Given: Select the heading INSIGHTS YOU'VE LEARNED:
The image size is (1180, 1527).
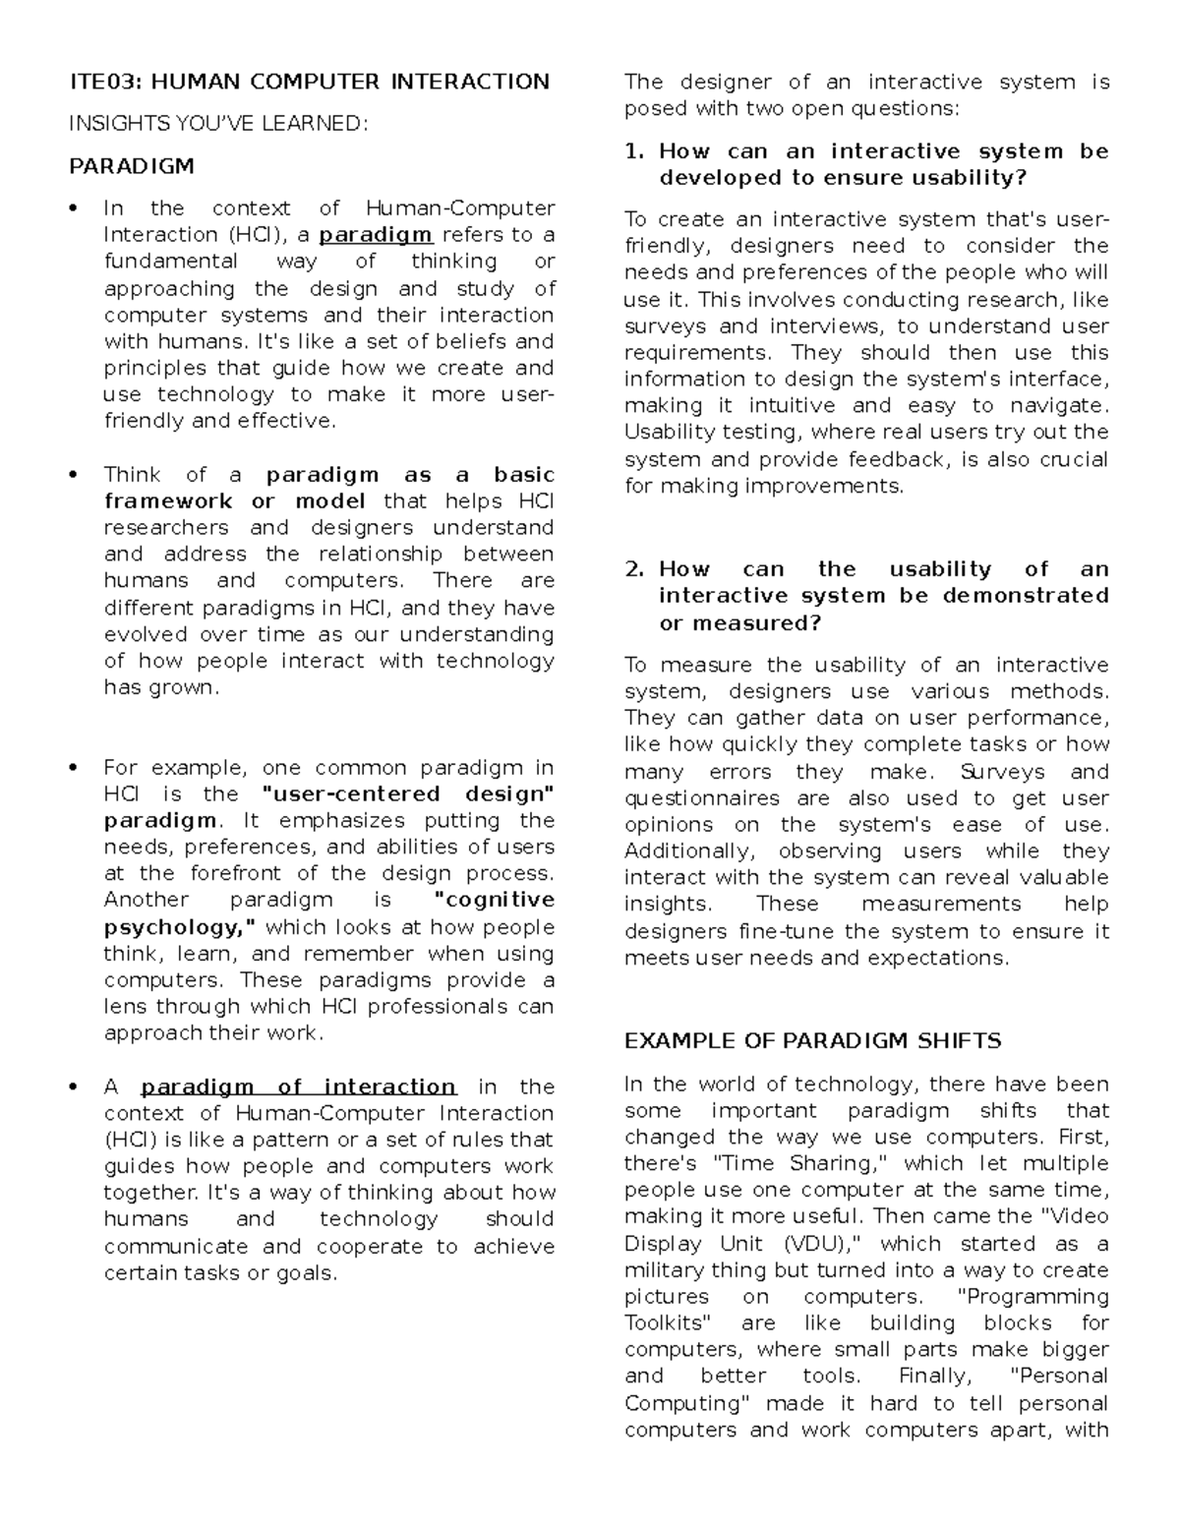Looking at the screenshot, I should tap(218, 124).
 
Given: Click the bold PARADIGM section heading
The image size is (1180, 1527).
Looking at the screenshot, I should tap(132, 166).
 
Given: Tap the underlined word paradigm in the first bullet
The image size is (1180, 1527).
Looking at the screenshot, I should tap(376, 235).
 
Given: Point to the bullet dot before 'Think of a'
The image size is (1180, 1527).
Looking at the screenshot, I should tap(73, 476).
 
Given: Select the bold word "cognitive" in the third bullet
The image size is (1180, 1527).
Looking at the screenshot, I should tap(494, 901).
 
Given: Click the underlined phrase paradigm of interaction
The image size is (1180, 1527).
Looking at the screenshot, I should tap(298, 1087).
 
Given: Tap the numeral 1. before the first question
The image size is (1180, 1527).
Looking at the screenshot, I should tap(634, 151).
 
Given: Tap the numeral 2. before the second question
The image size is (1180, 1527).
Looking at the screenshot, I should tap(634, 569).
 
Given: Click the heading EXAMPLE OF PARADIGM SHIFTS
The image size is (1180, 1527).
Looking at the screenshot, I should tap(812, 1041).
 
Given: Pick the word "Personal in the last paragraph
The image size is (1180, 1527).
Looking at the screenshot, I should tap(1060, 1377).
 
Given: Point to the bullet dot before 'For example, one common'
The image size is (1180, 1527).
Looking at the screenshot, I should tap(73, 769).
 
